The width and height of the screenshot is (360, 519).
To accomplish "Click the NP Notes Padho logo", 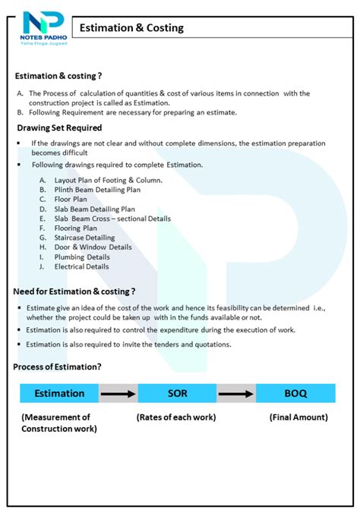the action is pos(45,27).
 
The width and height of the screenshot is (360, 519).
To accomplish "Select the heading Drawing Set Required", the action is pos(59,127).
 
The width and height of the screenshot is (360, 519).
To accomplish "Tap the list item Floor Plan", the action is pos(71,199).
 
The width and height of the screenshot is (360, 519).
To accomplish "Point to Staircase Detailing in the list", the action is pos(85,237).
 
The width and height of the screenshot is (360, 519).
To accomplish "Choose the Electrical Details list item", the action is pos(81,266).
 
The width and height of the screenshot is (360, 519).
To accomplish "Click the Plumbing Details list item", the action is pos(81,256).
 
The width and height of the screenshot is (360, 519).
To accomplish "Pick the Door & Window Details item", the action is pos(93,247).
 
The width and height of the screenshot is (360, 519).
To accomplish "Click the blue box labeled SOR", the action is pos(176,393).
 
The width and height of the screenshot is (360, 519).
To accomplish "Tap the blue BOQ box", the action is pos(295,393).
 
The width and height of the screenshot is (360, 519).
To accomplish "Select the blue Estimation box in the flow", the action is pos(59,393).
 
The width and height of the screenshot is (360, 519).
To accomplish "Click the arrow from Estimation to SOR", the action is pos(118,393).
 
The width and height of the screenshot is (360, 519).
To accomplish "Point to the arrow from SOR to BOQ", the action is pos(235,393).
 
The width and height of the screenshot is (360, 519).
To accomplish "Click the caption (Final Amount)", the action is pos(298,417).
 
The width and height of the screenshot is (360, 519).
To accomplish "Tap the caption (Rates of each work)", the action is pos(176,417).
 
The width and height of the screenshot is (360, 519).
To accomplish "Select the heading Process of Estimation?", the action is pos(58,367).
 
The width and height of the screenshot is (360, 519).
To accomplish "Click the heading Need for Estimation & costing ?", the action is pos(74,291).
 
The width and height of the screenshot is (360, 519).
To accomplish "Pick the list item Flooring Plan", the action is pos(76,228).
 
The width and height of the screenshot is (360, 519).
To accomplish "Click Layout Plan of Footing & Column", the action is pos(108,180).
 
